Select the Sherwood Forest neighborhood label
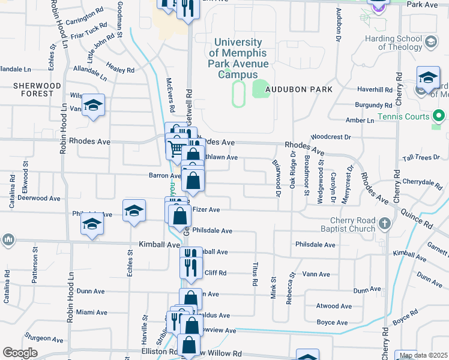click(x=38, y=89)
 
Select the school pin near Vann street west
click(x=93, y=106)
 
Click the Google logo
click(x=20, y=353)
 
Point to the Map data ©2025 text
click(x=423, y=356)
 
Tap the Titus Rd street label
click(x=255, y=274)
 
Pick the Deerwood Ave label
click(x=38, y=197)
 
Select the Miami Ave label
click(x=91, y=313)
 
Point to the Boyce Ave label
click(x=332, y=323)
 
